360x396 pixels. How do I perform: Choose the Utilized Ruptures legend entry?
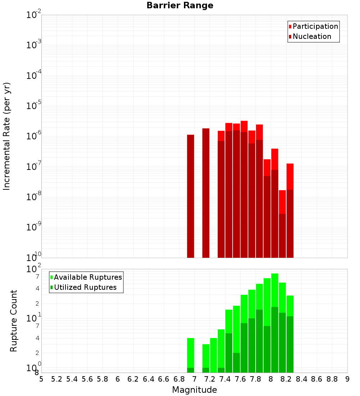tap(85, 287)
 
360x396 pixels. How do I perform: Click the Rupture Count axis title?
tap(14, 321)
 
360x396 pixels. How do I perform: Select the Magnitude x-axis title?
tap(194, 390)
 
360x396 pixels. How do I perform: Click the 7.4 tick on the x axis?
tap(225, 379)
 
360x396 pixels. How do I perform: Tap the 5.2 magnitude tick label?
tap(57, 379)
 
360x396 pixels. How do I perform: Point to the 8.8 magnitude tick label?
tap(332, 379)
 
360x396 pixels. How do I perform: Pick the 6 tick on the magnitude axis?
tap(118, 379)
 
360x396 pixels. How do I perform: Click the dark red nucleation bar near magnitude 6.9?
tap(190, 196)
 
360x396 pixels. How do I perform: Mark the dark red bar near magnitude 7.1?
tap(206, 193)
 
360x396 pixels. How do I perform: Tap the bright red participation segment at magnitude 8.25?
tap(290, 176)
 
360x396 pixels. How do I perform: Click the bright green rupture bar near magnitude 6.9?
tap(190, 353)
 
